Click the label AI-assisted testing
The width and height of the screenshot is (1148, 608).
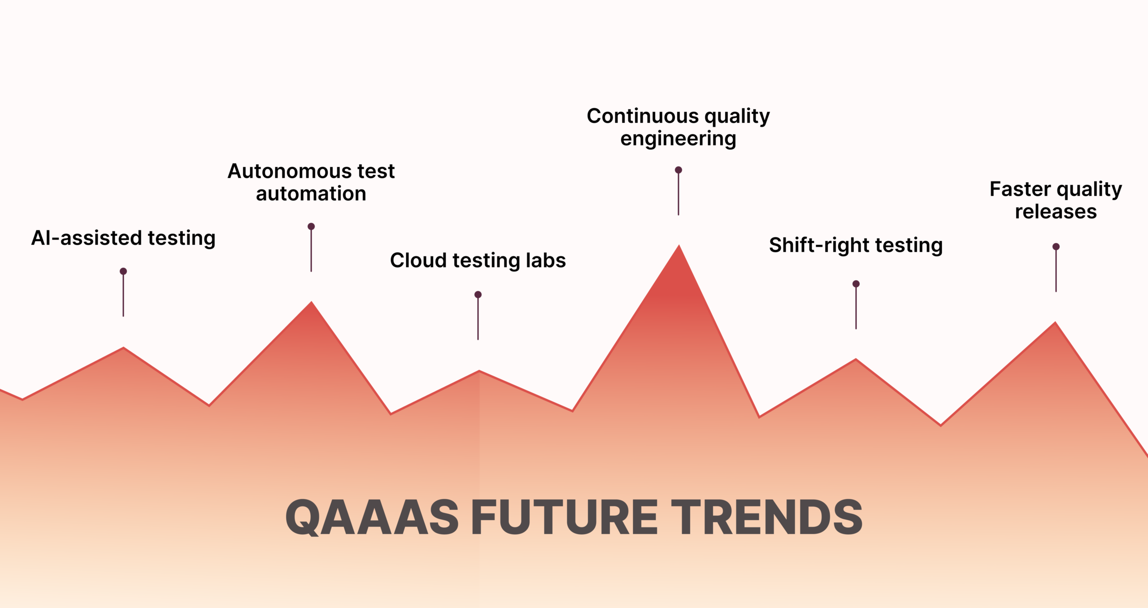click(123, 238)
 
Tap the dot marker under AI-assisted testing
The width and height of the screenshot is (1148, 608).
click(123, 271)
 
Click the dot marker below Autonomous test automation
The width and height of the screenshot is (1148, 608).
click(311, 226)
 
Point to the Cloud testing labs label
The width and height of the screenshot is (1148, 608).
click(478, 261)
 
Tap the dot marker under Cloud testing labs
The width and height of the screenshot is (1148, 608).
click(478, 295)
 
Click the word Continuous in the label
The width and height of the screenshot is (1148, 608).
click(642, 116)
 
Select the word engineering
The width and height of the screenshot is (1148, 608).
click(678, 139)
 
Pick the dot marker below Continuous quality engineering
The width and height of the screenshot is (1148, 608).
click(678, 170)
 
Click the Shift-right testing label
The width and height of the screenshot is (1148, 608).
click(856, 245)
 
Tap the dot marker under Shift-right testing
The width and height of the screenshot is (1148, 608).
click(856, 284)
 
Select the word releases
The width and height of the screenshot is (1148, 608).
click(1056, 212)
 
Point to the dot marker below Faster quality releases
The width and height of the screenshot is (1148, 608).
click(1056, 247)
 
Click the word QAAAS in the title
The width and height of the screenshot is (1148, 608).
click(372, 518)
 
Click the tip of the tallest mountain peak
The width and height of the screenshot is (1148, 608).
click(679, 246)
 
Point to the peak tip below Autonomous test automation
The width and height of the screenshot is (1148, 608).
click(312, 303)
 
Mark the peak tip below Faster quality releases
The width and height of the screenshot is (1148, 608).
click(1055, 323)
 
